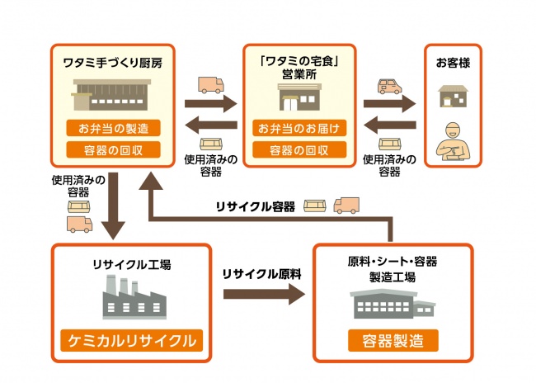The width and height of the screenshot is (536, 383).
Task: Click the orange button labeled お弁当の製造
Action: click(x=113, y=129)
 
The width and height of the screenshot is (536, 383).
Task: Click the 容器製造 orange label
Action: click(x=392, y=340)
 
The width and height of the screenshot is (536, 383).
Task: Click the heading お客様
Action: click(x=452, y=63)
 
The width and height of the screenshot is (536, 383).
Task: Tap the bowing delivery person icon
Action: click(x=452, y=139)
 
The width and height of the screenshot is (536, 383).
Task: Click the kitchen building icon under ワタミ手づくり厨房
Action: click(x=113, y=96)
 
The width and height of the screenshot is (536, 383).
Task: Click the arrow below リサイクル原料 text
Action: click(x=262, y=296)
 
